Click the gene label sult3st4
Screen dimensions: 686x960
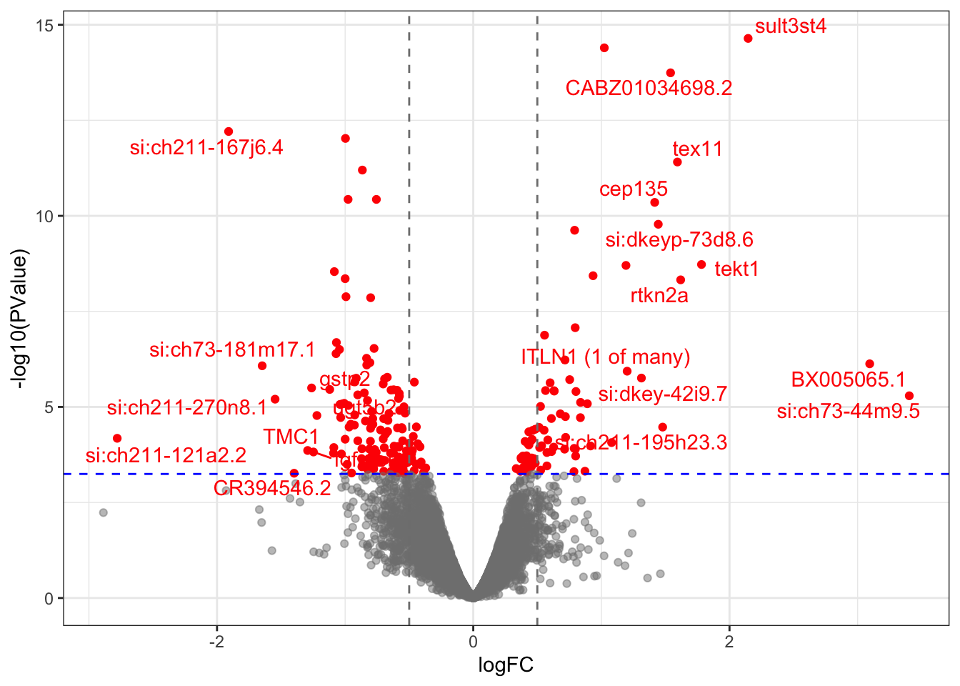[791, 26]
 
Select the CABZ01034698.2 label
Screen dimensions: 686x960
[649, 88]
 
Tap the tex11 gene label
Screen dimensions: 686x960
[697, 149]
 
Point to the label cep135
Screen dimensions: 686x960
[633, 189]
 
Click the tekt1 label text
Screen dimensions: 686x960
[736, 269]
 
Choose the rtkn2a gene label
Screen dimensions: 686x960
[659, 296]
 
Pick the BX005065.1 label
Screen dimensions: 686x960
[848, 379]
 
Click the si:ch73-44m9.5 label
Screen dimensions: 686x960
[848, 412]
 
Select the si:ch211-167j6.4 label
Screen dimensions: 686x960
[206, 148]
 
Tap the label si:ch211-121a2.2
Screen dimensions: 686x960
[166, 456]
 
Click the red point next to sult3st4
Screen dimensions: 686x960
[748, 39]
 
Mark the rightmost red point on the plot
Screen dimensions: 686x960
[909, 396]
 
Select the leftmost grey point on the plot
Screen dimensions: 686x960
[104, 512]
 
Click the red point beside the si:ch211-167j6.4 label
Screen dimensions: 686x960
[229, 131]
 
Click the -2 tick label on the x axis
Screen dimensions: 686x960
[216, 642]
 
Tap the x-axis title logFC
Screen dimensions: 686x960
[506, 666]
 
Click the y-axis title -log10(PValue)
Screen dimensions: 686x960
[21, 319]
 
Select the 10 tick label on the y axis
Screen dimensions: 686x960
[45, 217]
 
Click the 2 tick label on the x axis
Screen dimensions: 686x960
[729, 642]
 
